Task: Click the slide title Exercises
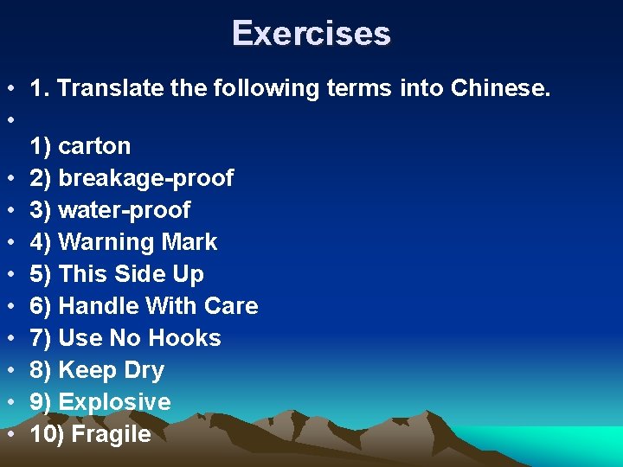pos(311,34)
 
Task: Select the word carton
pos(94,145)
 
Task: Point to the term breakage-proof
pos(145,178)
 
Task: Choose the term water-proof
pos(124,210)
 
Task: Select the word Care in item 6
pos(231,306)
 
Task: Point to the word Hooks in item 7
pos(186,338)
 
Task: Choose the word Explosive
pos(114,402)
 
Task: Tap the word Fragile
pos(111,434)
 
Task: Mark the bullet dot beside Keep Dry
pos(10,370)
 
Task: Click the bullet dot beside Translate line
pos(10,87)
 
